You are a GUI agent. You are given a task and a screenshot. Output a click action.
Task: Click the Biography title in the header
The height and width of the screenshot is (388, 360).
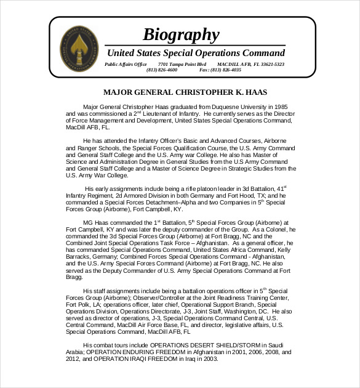pyautogui.click(x=180, y=34)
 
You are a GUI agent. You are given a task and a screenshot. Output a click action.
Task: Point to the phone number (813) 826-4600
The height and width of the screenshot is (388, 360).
pyautogui.click(x=162, y=70)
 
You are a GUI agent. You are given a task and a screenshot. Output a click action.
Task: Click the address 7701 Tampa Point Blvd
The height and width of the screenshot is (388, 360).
pyautogui.click(x=182, y=64)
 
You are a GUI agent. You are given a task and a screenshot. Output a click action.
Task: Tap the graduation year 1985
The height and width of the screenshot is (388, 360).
pyautogui.click(x=279, y=107)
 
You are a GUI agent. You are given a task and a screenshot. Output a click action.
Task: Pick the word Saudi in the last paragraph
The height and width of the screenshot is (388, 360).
pyautogui.click(x=276, y=345)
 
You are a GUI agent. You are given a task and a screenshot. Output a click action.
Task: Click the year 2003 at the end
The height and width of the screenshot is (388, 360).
pyautogui.click(x=210, y=360)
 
